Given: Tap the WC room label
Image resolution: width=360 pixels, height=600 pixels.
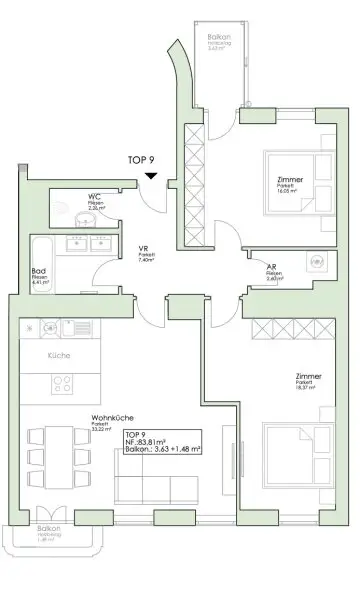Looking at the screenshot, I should pos(94,196).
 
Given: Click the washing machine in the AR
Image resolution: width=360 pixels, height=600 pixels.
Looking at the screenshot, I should pos(316,262).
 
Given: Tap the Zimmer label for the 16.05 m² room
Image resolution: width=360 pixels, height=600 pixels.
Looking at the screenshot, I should pos(291,180).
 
